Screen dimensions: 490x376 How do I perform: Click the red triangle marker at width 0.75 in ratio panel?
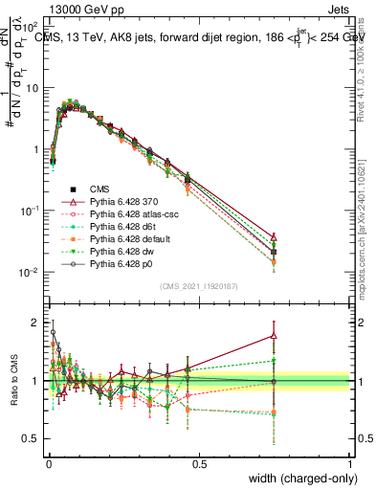(x=275, y=335)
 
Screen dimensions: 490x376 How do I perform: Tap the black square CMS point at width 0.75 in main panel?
(x=275, y=252)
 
